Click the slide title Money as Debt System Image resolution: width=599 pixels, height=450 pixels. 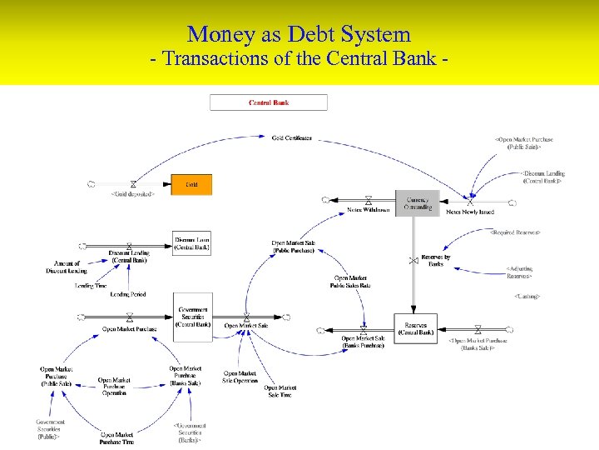(299, 34)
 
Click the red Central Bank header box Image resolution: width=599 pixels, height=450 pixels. (269, 102)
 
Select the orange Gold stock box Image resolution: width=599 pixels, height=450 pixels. (191, 184)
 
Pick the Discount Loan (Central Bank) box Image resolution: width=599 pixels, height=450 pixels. (192, 243)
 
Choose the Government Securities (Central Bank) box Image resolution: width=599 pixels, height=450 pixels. (192, 316)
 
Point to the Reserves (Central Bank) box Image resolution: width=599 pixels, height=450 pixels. (415, 328)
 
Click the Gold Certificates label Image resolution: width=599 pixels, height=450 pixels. (292, 137)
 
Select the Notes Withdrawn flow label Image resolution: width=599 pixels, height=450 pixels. (368, 210)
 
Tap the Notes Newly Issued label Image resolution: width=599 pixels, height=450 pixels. (470, 212)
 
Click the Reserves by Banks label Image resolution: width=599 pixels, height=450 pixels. (436, 260)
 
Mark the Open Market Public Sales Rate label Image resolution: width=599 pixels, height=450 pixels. (351, 282)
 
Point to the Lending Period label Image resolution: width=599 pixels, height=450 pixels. (127, 294)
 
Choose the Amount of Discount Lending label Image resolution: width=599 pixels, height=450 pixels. (66, 267)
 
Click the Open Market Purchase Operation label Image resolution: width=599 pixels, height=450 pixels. (115, 385)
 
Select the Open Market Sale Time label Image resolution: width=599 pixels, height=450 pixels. (280, 391)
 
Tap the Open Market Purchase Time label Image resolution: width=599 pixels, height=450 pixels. (117, 438)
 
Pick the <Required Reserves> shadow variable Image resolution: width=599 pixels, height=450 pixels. (516, 232)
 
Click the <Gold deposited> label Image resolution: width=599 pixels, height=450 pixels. (133, 194)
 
